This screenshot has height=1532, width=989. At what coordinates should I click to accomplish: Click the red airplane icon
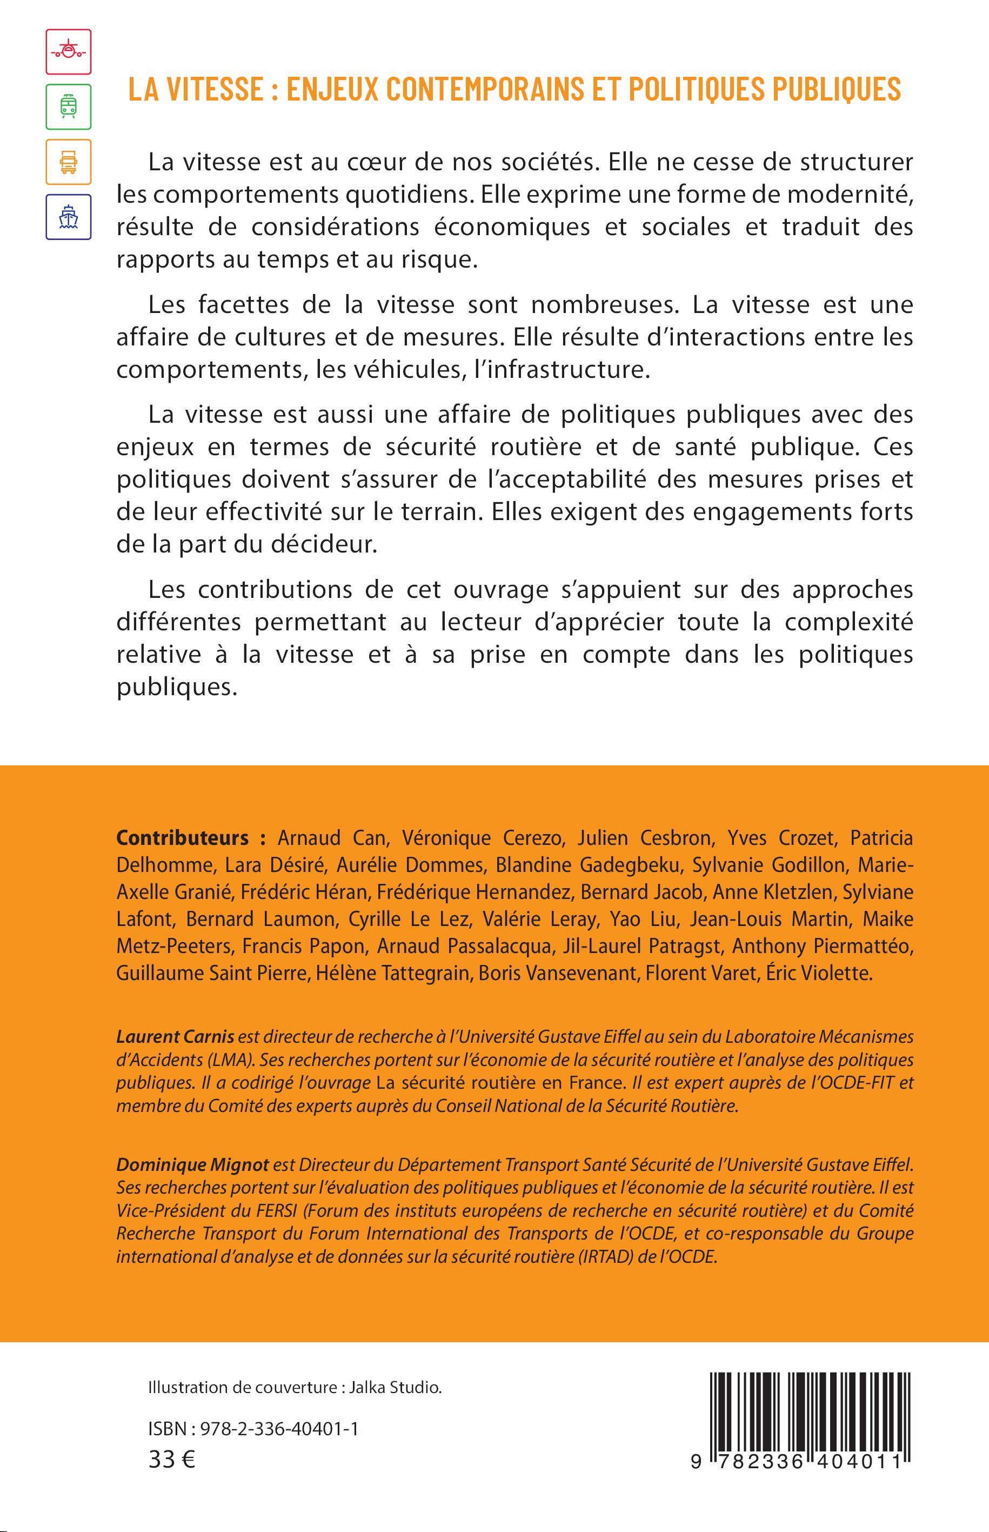coord(68,51)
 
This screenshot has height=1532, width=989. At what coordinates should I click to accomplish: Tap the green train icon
coord(68,106)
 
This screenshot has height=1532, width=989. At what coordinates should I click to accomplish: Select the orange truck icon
coord(68,162)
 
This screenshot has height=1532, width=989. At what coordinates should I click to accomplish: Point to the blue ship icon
coord(68,217)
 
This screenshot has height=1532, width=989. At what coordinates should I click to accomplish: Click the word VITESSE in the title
coord(215,89)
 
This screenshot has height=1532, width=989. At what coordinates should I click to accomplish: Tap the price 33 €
coord(171,1460)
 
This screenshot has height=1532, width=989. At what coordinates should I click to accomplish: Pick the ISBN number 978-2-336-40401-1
coord(279,1429)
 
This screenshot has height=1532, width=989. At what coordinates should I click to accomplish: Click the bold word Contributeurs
coord(182,838)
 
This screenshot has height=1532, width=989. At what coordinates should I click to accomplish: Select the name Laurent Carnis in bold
coord(175,1037)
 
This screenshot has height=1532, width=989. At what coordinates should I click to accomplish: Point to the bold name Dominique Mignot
coord(192,1164)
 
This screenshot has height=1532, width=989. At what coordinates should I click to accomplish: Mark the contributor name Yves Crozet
coord(780,838)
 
